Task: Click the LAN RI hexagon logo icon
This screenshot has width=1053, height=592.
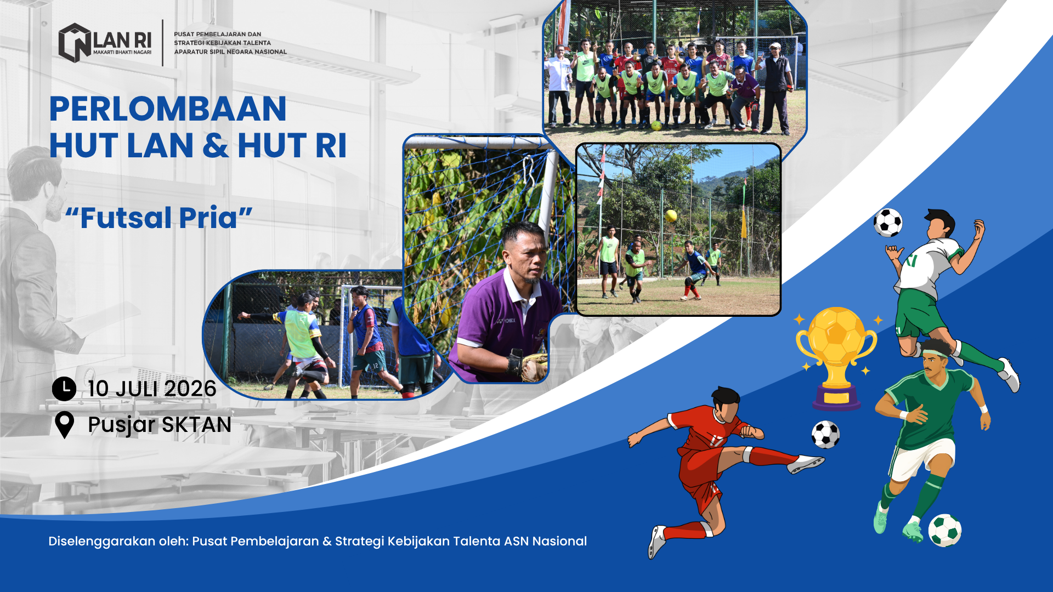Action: click(75, 43)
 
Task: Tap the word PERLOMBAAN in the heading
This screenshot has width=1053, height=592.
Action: click(168, 109)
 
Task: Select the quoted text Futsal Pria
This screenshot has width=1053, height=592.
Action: click(158, 218)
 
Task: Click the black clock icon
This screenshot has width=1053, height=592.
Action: click(64, 389)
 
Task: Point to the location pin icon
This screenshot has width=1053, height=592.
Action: click(65, 425)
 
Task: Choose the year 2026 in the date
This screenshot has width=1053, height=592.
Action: click(190, 389)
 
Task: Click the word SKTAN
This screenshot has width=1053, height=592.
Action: click(196, 425)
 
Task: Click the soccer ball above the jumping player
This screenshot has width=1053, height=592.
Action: click(888, 223)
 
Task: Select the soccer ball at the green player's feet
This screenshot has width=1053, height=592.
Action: click(945, 530)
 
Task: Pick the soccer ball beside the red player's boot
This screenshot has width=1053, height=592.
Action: click(825, 434)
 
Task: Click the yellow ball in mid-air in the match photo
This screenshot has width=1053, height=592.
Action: click(671, 215)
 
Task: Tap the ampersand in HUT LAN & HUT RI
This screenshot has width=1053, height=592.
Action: click(216, 146)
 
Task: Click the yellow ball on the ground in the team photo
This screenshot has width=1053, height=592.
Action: click(656, 126)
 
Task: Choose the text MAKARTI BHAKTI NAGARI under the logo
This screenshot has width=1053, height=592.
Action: click(122, 53)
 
